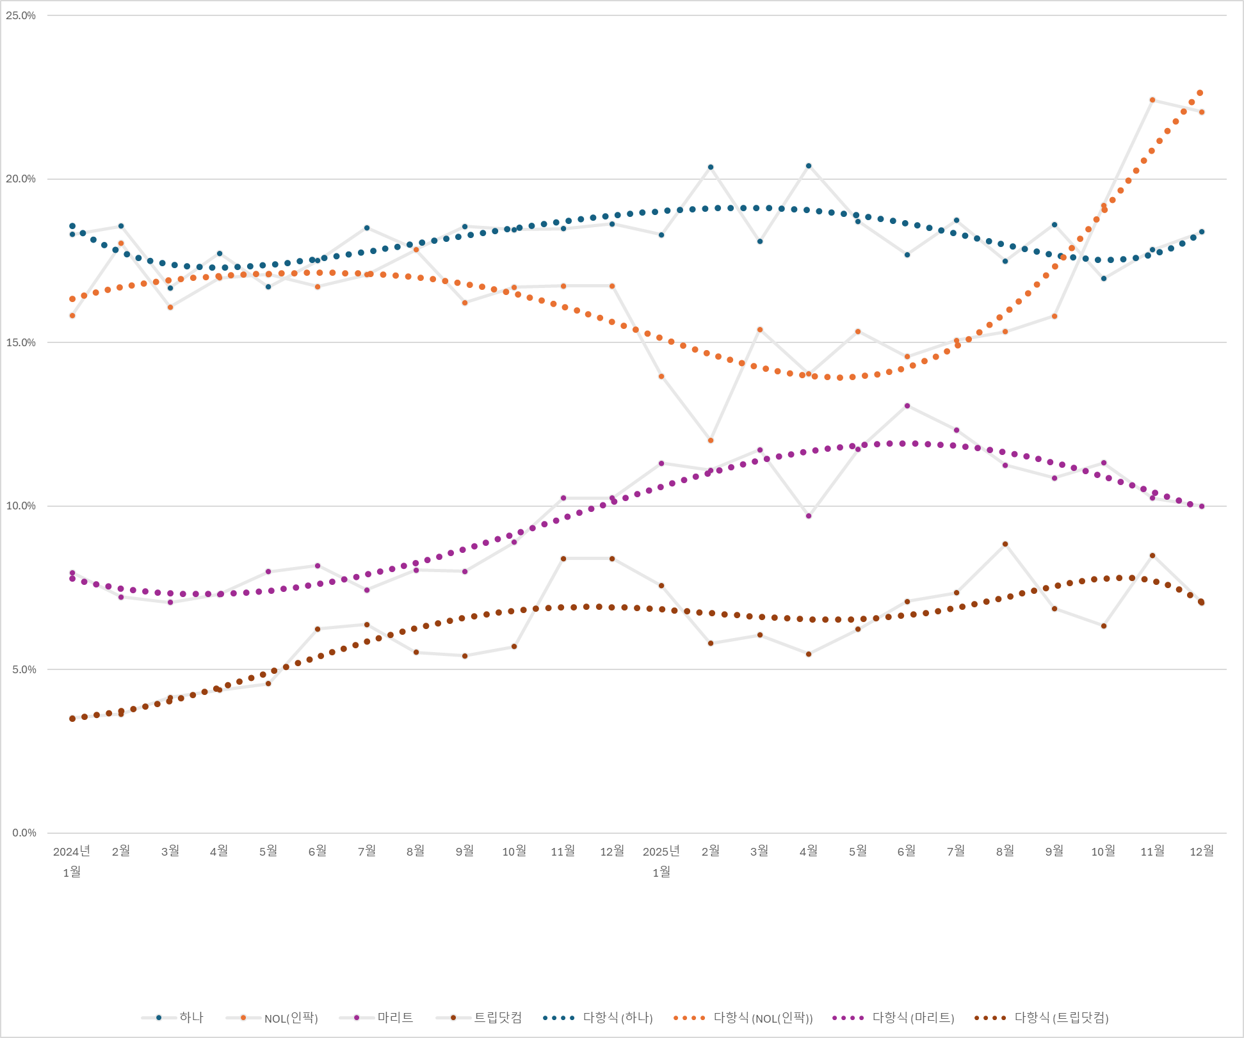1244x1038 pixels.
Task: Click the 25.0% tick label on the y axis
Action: [x=20, y=15]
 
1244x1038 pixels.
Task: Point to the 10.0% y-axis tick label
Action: [x=20, y=506]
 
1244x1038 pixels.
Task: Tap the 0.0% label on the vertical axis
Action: [x=24, y=833]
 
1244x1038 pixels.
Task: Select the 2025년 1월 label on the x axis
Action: [x=661, y=861]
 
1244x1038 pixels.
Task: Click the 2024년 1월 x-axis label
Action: [x=72, y=861]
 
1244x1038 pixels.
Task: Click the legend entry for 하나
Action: [x=190, y=1018]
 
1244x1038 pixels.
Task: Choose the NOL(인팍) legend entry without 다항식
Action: [x=291, y=1018]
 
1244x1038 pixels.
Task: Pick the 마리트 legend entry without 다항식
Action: [x=395, y=1018]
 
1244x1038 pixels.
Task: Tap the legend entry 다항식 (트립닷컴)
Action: [x=1061, y=1018]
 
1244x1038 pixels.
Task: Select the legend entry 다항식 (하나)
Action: [x=617, y=1018]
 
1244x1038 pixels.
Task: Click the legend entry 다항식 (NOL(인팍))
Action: [x=763, y=1018]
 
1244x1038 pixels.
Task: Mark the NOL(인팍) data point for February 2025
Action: [x=711, y=440]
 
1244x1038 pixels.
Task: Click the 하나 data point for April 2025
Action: [x=809, y=166]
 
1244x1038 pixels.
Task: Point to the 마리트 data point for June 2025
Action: [x=907, y=406]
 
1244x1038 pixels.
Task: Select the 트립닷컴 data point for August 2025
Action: [x=1005, y=544]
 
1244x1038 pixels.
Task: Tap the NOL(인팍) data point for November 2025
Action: [x=1152, y=100]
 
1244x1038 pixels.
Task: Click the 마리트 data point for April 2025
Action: [x=809, y=516]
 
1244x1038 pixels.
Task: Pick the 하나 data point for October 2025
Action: [x=1104, y=278]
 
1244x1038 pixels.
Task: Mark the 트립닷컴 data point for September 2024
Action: [x=465, y=656]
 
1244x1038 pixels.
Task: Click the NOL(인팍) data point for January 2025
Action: [x=661, y=376]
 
